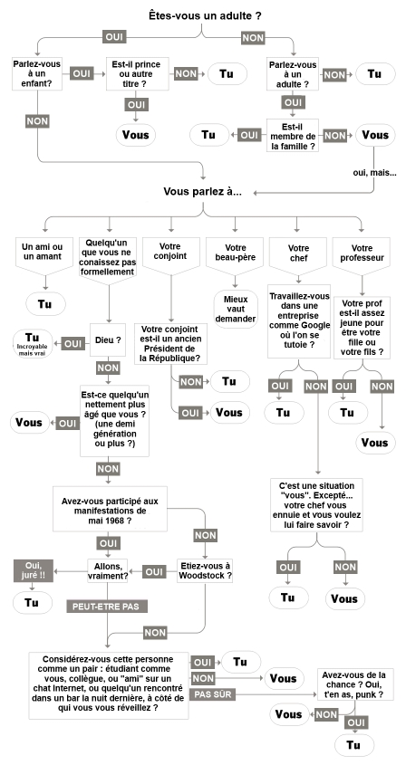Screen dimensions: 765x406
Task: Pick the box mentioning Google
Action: click(299, 319)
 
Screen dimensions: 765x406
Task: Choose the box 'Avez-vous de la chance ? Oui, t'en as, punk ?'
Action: click(354, 685)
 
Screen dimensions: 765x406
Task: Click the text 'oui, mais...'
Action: click(375, 173)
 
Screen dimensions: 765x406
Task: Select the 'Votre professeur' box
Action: click(362, 253)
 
